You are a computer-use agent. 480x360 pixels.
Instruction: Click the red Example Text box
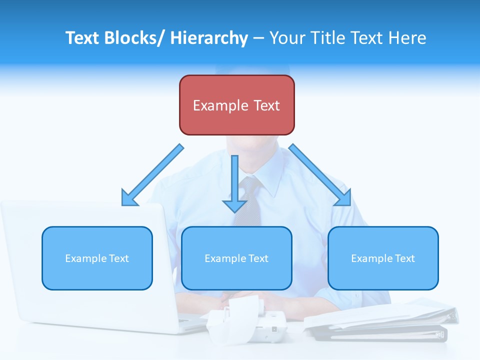point(236,105)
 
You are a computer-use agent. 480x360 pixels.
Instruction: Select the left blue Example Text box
point(97,258)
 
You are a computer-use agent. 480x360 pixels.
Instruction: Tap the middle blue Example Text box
point(236,258)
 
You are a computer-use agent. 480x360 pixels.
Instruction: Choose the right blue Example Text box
point(383,258)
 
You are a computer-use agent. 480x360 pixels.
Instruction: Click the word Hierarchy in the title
point(209,38)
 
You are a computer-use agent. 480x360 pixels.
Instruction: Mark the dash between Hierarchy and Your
point(258,38)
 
